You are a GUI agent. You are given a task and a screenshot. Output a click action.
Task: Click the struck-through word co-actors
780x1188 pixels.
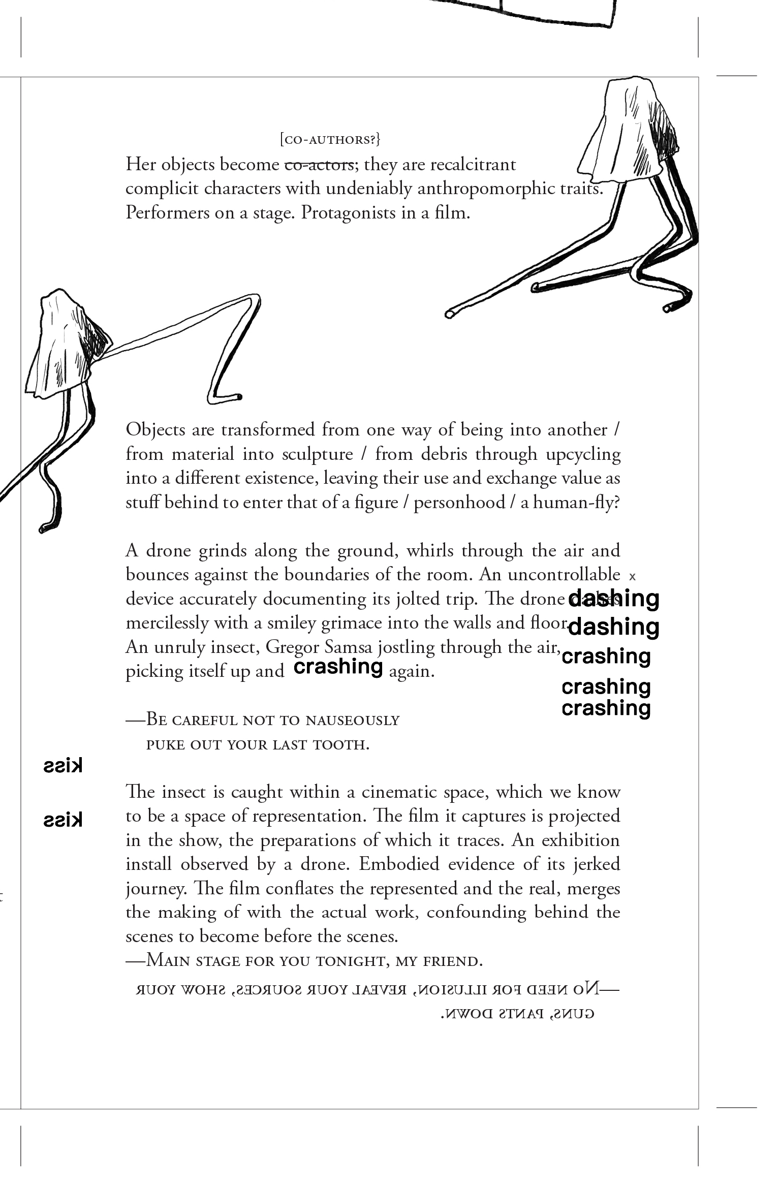319,165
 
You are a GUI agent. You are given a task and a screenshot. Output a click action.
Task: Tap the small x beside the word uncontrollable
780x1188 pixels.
633,577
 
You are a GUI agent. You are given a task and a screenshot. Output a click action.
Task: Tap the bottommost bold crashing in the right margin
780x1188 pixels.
606,708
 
